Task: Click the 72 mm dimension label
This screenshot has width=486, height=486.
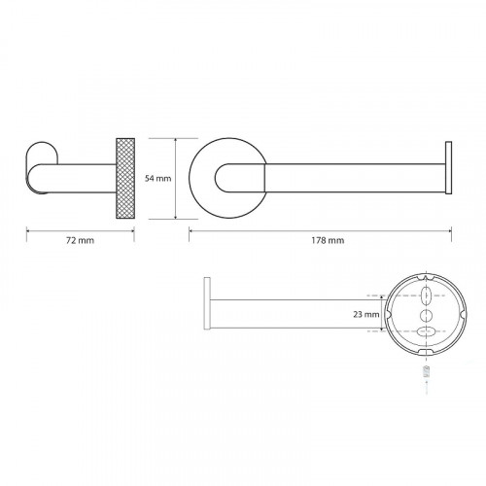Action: point(80,240)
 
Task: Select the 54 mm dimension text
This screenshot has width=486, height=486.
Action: point(157,178)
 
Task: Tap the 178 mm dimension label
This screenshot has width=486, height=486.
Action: point(328,240)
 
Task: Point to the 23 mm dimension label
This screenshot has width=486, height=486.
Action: point(366,314)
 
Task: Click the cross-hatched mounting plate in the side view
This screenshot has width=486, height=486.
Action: point(125,178)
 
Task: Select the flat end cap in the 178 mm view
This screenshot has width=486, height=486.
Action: point(448,168)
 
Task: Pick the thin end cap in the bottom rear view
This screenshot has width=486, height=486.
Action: point(207,303)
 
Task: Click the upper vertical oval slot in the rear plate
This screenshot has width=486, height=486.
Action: point(426,295)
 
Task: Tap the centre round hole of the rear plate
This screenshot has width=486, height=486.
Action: point(426,315)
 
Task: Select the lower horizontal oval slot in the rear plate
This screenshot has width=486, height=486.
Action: point(426,331)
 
